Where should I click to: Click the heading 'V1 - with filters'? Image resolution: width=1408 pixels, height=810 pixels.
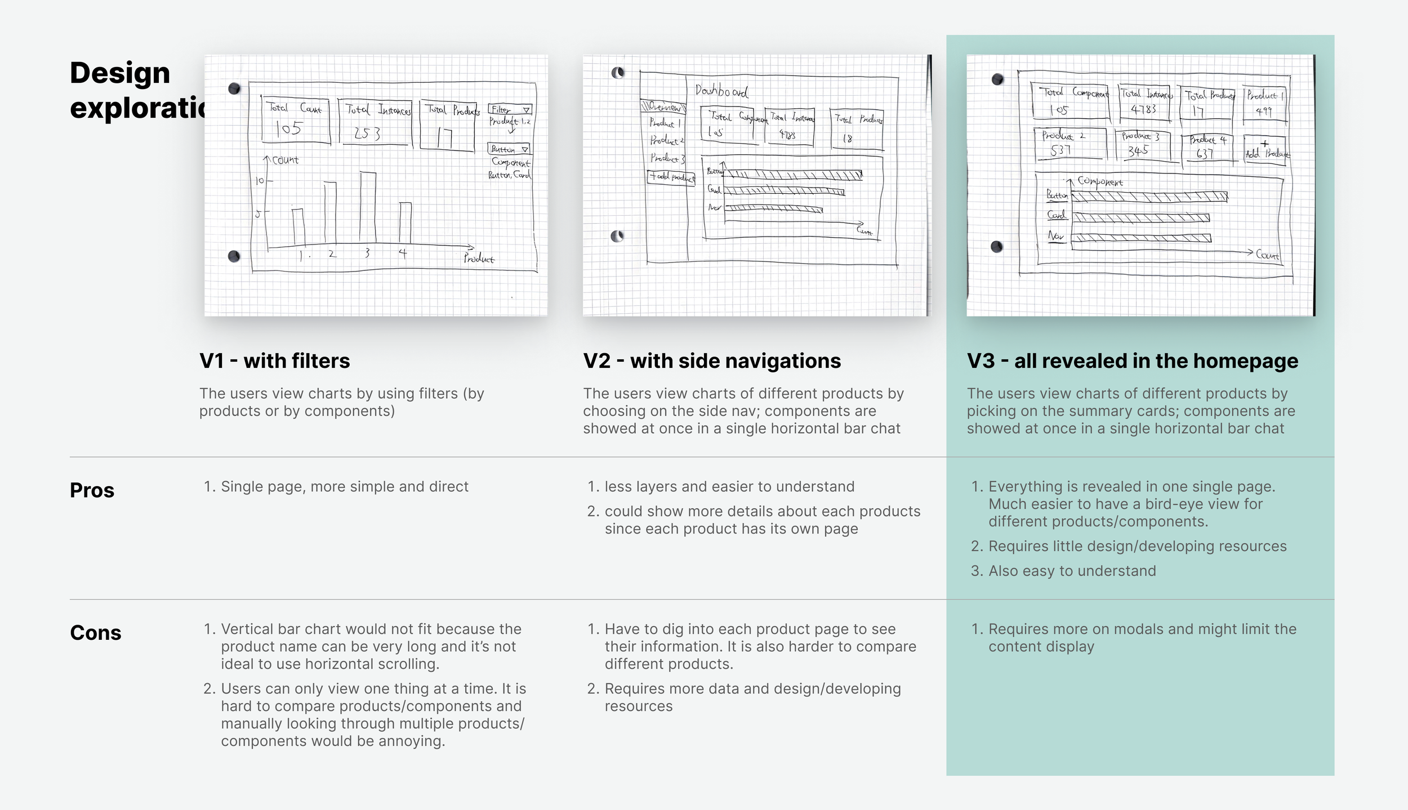(x=274, y=361)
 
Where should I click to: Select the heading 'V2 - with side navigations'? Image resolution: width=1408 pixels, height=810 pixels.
(x=712, y=361)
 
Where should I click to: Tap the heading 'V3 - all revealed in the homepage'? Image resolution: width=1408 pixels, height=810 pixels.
(x=1132, y=361)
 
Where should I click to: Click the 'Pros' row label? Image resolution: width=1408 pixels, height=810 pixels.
(x=92, y=490)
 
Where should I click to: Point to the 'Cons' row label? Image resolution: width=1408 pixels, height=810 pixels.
(x=95, y=633)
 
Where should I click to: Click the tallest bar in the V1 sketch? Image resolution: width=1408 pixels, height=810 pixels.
(x=368, y=207)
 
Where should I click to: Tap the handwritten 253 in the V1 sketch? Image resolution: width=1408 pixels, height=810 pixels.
(x=367, y=133)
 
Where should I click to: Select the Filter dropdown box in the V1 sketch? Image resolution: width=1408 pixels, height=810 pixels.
(x=510, y=109)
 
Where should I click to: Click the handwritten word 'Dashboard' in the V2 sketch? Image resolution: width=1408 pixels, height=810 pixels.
(x=721, y=91)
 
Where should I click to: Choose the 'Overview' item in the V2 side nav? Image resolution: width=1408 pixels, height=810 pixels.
(x=663, y=107)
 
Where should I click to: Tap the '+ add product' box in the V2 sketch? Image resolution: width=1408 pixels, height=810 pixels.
(x=671, y=177)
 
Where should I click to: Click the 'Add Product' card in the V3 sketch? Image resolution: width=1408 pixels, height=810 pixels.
(x=1265, y=150)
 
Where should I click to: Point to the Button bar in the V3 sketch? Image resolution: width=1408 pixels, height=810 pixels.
(x=1149, y=197)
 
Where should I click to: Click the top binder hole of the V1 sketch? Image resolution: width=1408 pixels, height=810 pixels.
(x=234, y=88)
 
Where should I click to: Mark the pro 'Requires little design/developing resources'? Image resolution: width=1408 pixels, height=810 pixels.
(x=1137, y=546)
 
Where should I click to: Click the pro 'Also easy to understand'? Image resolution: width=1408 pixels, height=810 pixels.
(x=1072, y=571)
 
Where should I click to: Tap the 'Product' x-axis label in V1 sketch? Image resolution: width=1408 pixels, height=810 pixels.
(x=479, y=259)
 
